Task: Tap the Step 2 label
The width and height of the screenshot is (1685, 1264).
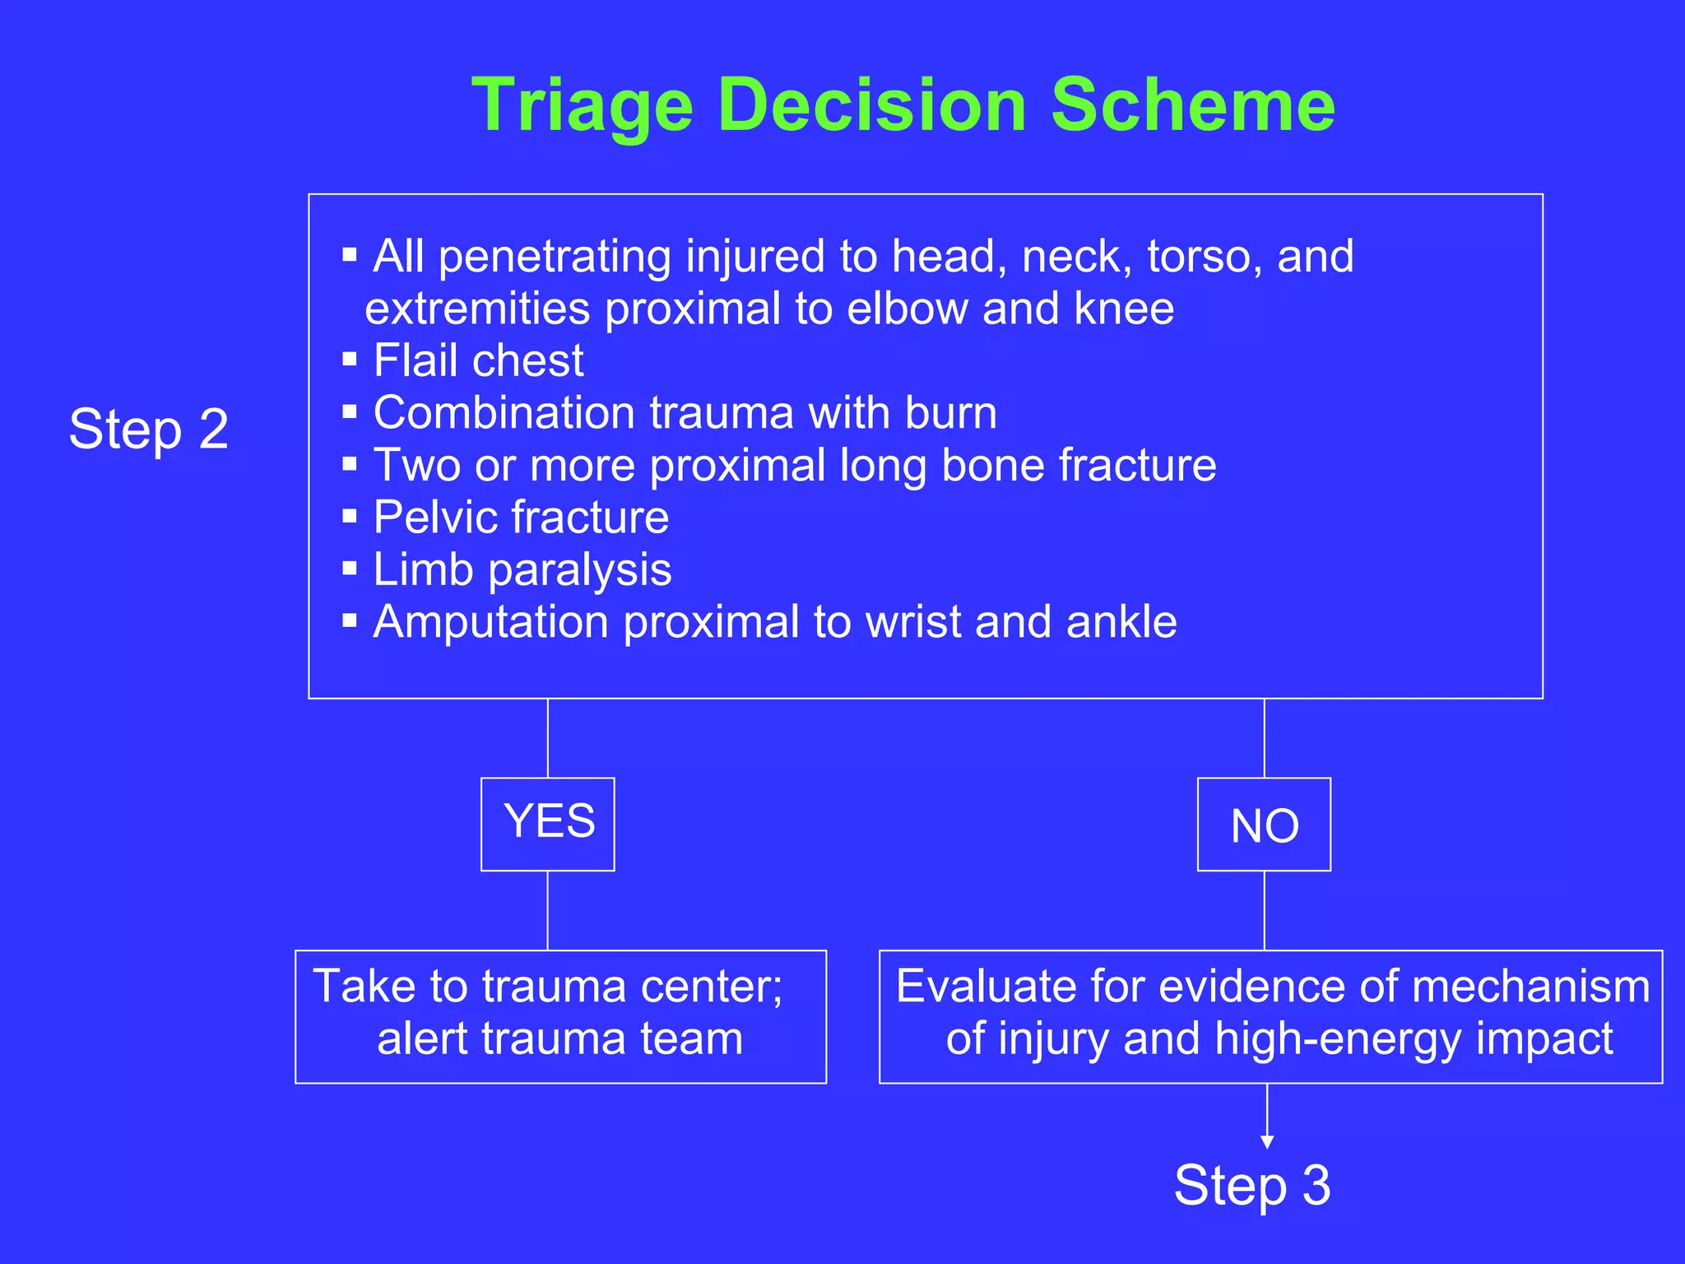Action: (149, 429)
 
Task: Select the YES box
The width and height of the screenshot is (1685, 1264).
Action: (548, 824)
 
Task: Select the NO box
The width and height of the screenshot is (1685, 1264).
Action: (1264, 825)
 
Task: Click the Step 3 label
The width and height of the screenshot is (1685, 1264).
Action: (1251, 1186)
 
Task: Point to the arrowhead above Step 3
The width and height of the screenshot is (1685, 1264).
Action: (1267, 1141)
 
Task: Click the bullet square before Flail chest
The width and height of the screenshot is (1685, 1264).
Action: (350, 360)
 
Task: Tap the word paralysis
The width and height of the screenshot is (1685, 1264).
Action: (579, 570)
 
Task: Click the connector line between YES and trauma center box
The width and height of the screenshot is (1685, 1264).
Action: (548, 910)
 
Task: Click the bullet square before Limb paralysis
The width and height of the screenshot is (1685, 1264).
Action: (350, 569)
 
